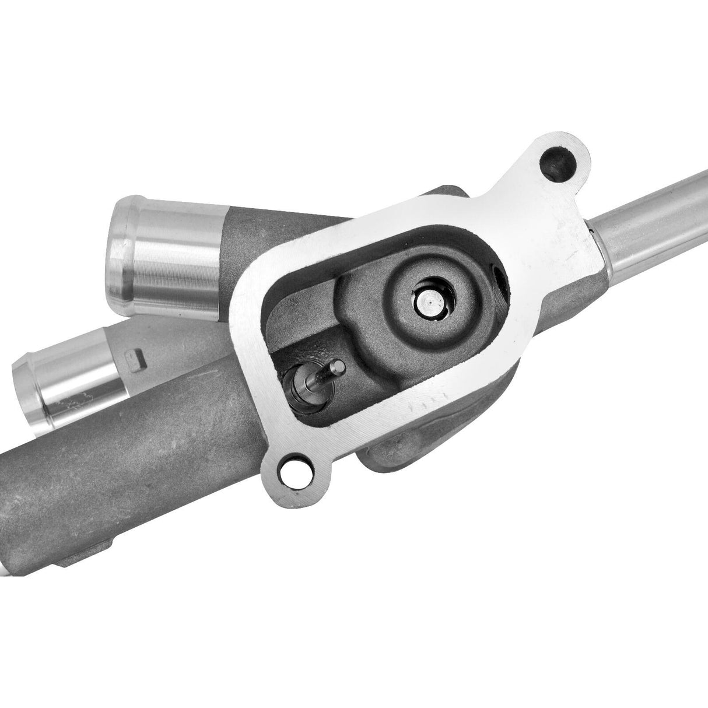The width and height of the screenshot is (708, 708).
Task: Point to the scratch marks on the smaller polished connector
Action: pyautogui.click(x=76, y=402)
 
